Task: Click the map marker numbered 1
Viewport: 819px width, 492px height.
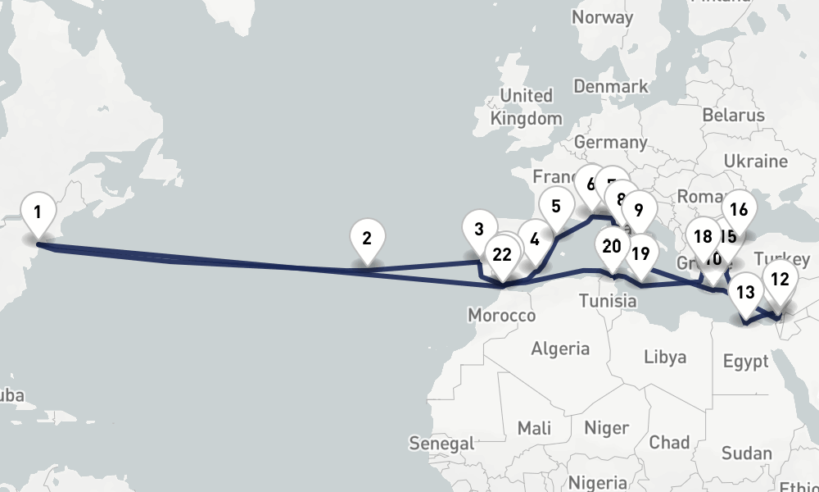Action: [x=37, y=212]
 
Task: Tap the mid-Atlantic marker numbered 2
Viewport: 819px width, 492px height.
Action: [x=367, y=239]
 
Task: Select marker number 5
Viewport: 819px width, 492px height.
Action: [x=556, y=206]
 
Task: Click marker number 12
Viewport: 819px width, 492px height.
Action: [x=780, y=279]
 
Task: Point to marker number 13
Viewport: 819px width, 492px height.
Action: [x=745, y=291]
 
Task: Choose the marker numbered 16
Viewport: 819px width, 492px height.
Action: [x=739, y=209]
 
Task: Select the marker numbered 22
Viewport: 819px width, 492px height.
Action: [x=502, y=254]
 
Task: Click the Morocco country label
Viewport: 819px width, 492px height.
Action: [x=501, y=316]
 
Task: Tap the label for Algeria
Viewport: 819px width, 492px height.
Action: [x=560, y=348]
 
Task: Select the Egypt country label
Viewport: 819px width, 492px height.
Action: [x=746, y=362]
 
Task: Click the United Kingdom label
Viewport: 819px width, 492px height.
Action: [x=527, y=107]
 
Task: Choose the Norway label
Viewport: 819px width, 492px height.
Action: [x=602, y=17]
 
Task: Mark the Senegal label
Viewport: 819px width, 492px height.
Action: [x=441, y=444]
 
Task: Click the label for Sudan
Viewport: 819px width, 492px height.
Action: [x=746, y=453]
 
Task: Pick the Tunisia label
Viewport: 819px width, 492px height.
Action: [x=608, y=301]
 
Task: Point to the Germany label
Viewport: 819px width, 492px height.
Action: [x=610, y=142]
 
